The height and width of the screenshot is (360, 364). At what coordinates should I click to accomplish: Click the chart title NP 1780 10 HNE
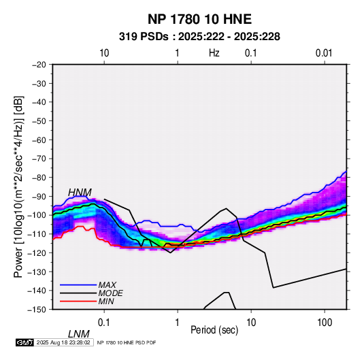(199, 19)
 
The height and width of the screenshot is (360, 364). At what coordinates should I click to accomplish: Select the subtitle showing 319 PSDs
(199, 37)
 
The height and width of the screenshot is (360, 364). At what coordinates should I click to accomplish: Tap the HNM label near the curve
(80, 193)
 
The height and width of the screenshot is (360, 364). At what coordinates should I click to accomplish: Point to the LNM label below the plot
(78, 334)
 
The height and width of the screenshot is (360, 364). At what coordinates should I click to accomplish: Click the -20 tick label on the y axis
(39, 65)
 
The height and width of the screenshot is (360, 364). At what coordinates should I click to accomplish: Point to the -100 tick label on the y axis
(37, 215)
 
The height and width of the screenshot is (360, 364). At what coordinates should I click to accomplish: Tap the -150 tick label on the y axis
(37, 310)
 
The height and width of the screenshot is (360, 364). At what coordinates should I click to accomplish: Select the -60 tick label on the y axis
(39, 140)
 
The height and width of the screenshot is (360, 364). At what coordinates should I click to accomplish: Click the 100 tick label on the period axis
(325, 323)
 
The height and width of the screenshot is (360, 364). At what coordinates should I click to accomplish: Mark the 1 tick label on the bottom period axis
(178, 323)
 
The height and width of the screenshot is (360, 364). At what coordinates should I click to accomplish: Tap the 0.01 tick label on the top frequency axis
(324, 53)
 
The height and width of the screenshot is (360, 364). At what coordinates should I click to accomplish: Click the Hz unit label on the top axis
(214, 53)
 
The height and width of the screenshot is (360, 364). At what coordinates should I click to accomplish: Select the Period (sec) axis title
(214, 330)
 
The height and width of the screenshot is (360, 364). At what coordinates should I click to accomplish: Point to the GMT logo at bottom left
(25, 342)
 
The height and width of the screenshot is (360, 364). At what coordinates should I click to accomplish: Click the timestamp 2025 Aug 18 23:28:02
(63, 342)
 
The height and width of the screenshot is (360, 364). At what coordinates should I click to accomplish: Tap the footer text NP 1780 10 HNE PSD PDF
(127, 342)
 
